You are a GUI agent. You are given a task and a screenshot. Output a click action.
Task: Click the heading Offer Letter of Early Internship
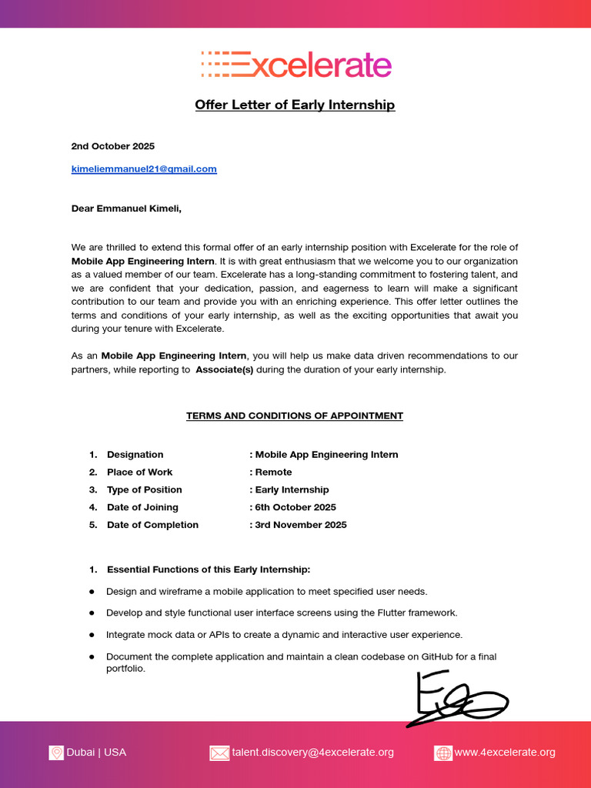point(295,105)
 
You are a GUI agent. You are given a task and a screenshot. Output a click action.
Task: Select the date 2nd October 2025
point(113,146)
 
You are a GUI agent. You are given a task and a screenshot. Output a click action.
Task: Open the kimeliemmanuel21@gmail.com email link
point(144,169)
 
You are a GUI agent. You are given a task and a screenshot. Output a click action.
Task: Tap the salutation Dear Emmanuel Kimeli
point(127,209)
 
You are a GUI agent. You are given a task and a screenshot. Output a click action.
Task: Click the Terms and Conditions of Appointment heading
point(295,416)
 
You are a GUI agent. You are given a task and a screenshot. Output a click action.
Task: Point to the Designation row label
point(135,455)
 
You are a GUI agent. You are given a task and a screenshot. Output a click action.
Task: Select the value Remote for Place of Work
point(273,472)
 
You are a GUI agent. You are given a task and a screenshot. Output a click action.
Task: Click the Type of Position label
point(145,490)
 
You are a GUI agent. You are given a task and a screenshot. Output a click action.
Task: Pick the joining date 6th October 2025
point(295,508)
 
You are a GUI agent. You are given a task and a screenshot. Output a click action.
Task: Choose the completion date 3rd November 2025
point(301,526)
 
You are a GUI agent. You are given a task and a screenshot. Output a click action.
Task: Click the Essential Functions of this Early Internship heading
point(209,570)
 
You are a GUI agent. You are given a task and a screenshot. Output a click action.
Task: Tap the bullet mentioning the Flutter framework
point(282,613)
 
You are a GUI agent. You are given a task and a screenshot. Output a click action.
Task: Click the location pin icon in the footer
point(56,753)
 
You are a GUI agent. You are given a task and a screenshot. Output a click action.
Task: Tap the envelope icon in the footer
point(219,753)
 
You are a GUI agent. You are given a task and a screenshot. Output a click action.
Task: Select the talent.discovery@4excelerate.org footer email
point(312,753)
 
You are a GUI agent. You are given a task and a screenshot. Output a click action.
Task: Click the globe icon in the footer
point(443,753)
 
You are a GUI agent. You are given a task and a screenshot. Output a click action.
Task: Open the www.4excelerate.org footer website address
point(505,753)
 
